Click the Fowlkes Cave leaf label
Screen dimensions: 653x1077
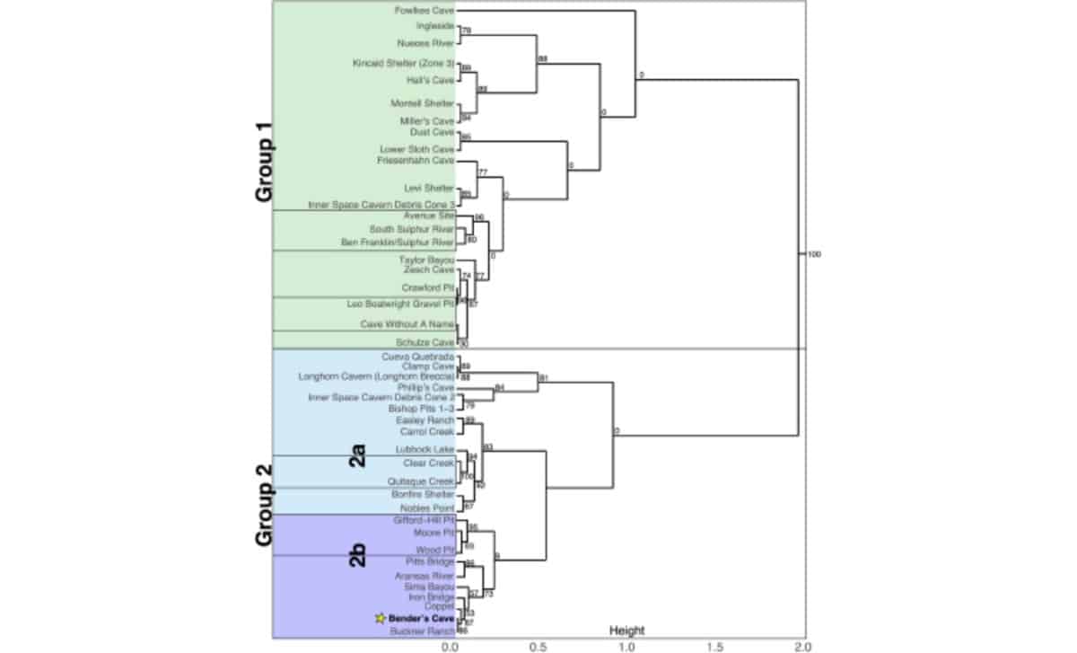(x=425, y=11)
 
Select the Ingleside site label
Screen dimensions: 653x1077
(x=435, y=27)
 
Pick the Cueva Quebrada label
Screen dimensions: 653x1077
(x=419, y=357)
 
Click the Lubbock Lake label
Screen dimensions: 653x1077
(x=425, y=449)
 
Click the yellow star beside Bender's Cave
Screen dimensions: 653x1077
(x=381, y=619)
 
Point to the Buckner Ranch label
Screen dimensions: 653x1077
(x=423, y=632)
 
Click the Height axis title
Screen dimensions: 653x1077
(x=626, y=631)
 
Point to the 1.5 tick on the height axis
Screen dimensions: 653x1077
(x=715, y=645)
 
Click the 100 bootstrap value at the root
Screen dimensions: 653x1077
(x=814, y=254)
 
